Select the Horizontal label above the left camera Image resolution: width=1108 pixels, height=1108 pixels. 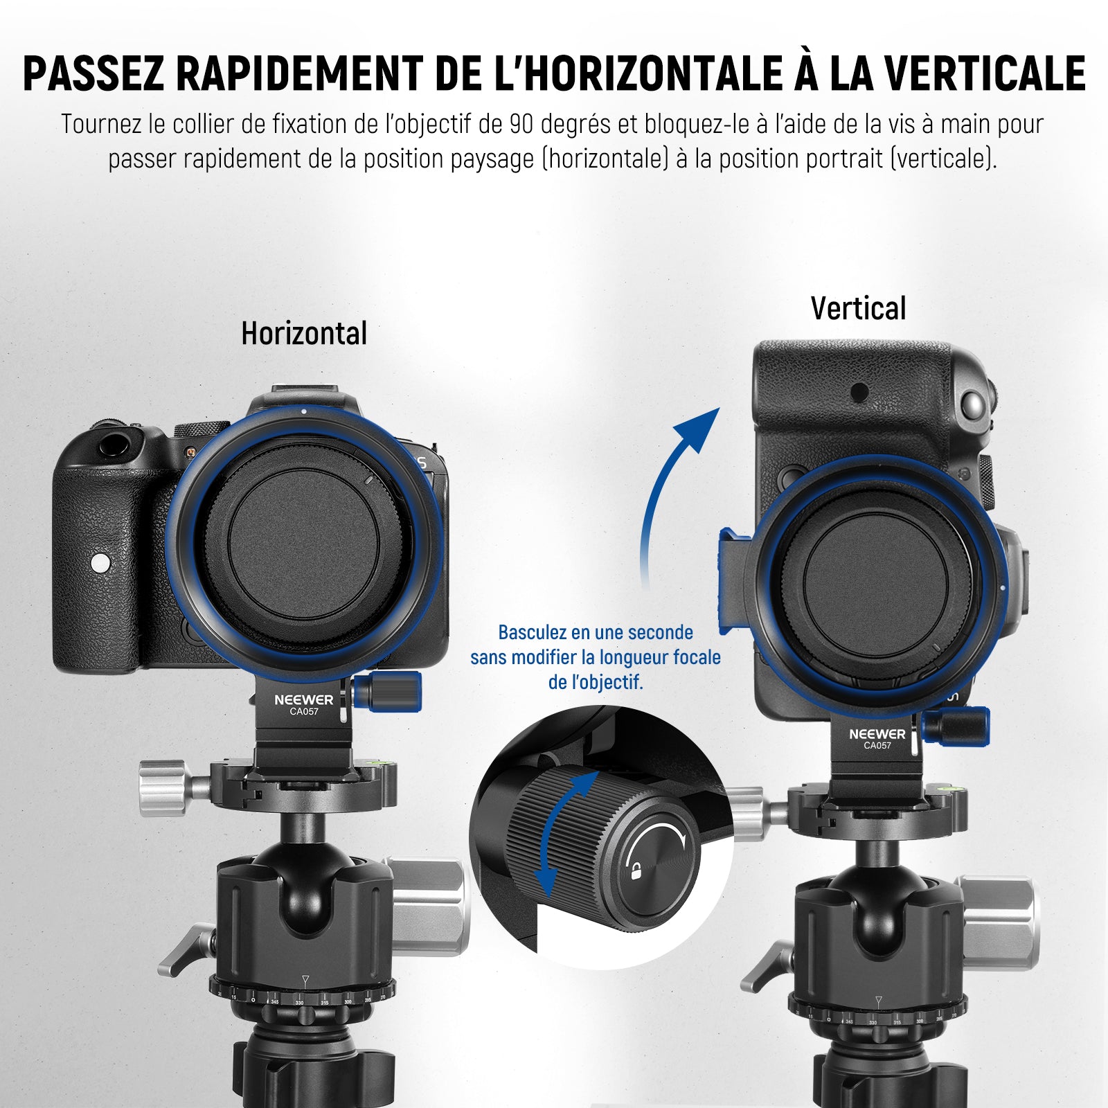304,333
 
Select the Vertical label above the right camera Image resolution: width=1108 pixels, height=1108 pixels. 858,308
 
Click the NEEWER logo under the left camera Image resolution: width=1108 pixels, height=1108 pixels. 303,700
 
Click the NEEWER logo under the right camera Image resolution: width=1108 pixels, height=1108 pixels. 877,734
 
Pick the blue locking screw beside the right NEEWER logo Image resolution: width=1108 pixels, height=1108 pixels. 956,726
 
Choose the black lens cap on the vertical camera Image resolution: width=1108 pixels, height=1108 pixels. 877,589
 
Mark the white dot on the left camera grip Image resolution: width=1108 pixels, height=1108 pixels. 100,562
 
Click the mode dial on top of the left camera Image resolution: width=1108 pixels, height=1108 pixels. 202,429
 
